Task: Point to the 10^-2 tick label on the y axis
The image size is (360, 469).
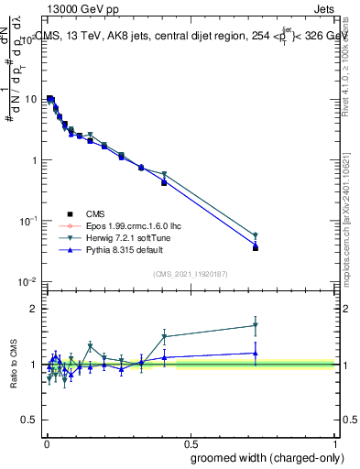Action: [x=28, y=281]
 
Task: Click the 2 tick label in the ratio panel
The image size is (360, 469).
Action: [x=36, y=309]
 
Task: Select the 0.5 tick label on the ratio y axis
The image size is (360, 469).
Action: [x=31, y=420]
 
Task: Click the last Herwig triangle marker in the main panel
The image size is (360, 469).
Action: [x=256, y=235]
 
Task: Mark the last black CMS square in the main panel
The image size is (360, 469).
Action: [x=256, y=248]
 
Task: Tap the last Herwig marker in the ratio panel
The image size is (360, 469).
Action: [x=256, y=325]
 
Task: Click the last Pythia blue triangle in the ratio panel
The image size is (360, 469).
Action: [x=256, y=353]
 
